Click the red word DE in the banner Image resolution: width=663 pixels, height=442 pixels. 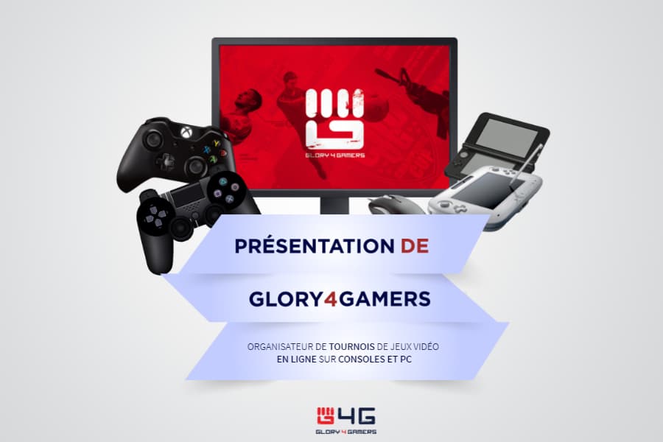[x=415, y=246]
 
